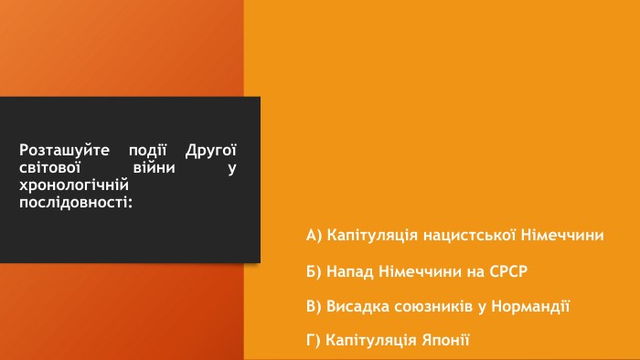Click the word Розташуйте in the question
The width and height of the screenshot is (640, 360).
pyautogui.click(x=65, y=151)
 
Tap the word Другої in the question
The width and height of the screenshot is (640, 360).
pyautogui.click(x=211, y=151)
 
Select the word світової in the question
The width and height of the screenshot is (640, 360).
pyautogui.click(x=50, y=167)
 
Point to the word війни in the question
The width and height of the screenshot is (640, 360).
pyautogui.click(x=155, y=167)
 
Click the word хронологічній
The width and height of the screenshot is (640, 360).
pyautogui.click(x=74, y=185)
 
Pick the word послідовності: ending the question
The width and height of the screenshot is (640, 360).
pyautogui.click(x=76, y=202)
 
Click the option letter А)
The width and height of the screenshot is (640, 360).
pyautogui.click(x=315, y=235)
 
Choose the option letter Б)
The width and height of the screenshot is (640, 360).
pyautogui.click(x=314, y=271)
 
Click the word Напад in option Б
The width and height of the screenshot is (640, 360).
pyautogui.click(x=350, y=271)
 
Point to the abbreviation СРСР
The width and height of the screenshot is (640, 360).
pyautogui.click(x=508, y=271)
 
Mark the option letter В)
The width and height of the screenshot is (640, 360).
pyautogui.click(x=314, y=306)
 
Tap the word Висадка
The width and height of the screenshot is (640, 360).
pyautogui.click(x=358, y=306)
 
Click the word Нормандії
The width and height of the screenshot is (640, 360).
pyautogui.click(x=530, y=306)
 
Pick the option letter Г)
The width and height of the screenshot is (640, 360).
pyautogui.click(x=314, y=340)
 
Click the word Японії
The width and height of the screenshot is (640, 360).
pyautogui.click(x=446, y=340)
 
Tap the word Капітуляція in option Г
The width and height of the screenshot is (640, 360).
pyautogui.click(x=371, y=341)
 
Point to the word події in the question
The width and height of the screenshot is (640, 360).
pyautogui.click(x=148, y=151)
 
